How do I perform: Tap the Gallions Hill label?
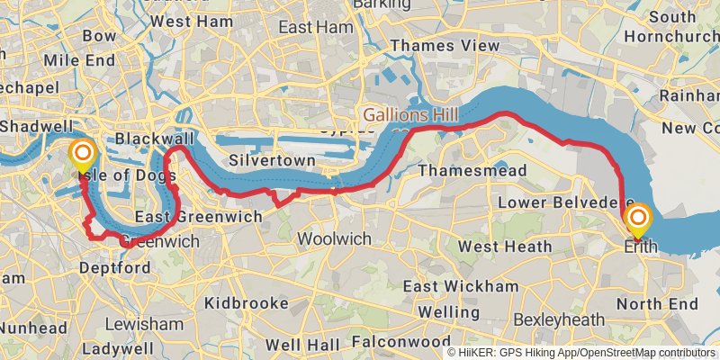410,115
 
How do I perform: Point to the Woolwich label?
334,238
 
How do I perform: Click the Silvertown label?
271,160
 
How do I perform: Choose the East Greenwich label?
198,217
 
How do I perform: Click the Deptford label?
114,268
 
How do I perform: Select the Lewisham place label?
143,323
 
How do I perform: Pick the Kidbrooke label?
246,303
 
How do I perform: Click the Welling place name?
448,311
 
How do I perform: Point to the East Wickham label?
460,286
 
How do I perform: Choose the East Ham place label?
315,28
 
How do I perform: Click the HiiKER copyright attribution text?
580,353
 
